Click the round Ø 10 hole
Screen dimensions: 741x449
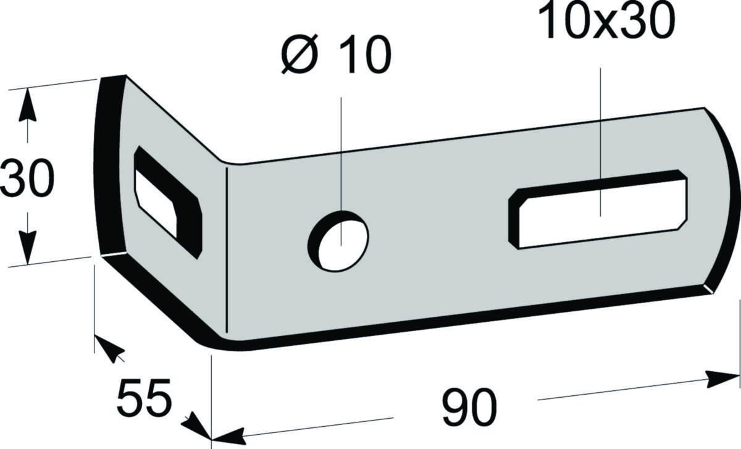tap(338, 241)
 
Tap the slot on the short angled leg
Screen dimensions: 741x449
tap(168, 202)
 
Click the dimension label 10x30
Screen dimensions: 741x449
tap(606, 22)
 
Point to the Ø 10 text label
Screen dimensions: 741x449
tap(336, 54)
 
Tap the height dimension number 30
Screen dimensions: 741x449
tap(27, 178)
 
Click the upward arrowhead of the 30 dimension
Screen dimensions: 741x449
tap(27, 104)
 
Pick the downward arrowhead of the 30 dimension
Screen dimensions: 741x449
tap(27, 248)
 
